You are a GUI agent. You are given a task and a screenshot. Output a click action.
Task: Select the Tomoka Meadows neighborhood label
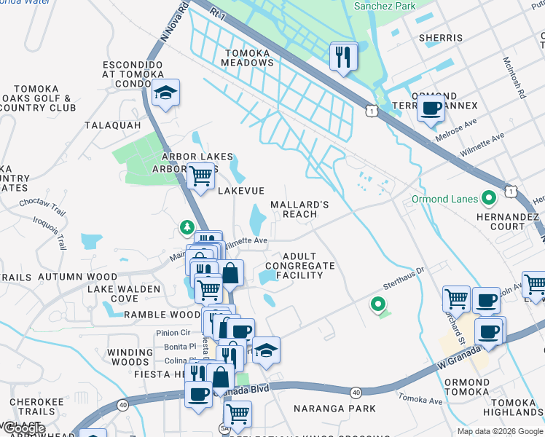click(x=248, y=58)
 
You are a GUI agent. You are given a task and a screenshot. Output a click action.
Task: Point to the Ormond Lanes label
click(x=444, y=199)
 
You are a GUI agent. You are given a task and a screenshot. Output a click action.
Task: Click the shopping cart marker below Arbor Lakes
click(x=200, y=176)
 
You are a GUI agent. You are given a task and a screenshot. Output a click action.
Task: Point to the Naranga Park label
click(x=335, y=409)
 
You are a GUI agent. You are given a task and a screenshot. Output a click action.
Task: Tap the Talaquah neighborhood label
click(x=112, y=125)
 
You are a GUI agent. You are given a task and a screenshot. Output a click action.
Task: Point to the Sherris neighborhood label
click(x=441, y=38)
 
